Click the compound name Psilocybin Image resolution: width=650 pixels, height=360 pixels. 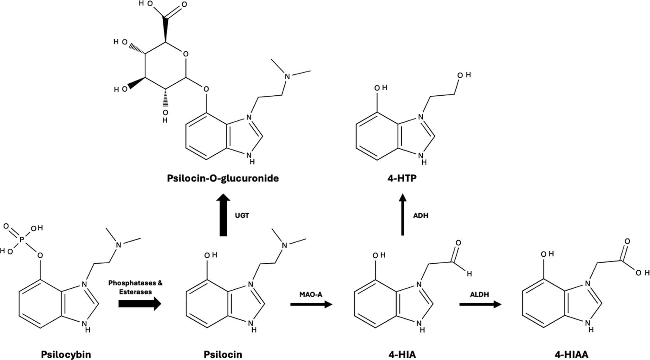66,354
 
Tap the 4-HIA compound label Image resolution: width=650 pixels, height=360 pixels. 402,354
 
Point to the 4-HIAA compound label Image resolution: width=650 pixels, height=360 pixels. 572,354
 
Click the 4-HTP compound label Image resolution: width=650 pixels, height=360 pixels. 403,178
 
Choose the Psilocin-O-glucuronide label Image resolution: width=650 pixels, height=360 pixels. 223,178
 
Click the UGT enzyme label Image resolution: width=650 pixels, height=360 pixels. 242,215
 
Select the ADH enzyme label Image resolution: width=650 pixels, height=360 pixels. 421,215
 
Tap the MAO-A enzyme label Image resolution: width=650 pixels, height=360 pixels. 311,294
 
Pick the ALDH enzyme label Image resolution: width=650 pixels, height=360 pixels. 479,294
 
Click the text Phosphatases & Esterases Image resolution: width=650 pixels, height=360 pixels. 135,287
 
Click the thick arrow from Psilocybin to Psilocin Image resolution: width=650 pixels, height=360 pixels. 140,304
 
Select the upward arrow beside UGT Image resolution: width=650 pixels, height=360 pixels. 224,215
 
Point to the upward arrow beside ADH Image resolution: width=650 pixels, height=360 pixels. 403,215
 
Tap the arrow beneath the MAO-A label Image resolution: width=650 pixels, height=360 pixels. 311,305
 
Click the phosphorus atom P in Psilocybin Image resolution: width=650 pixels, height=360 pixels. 22,241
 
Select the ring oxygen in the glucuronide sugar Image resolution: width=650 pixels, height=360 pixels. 186,54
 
